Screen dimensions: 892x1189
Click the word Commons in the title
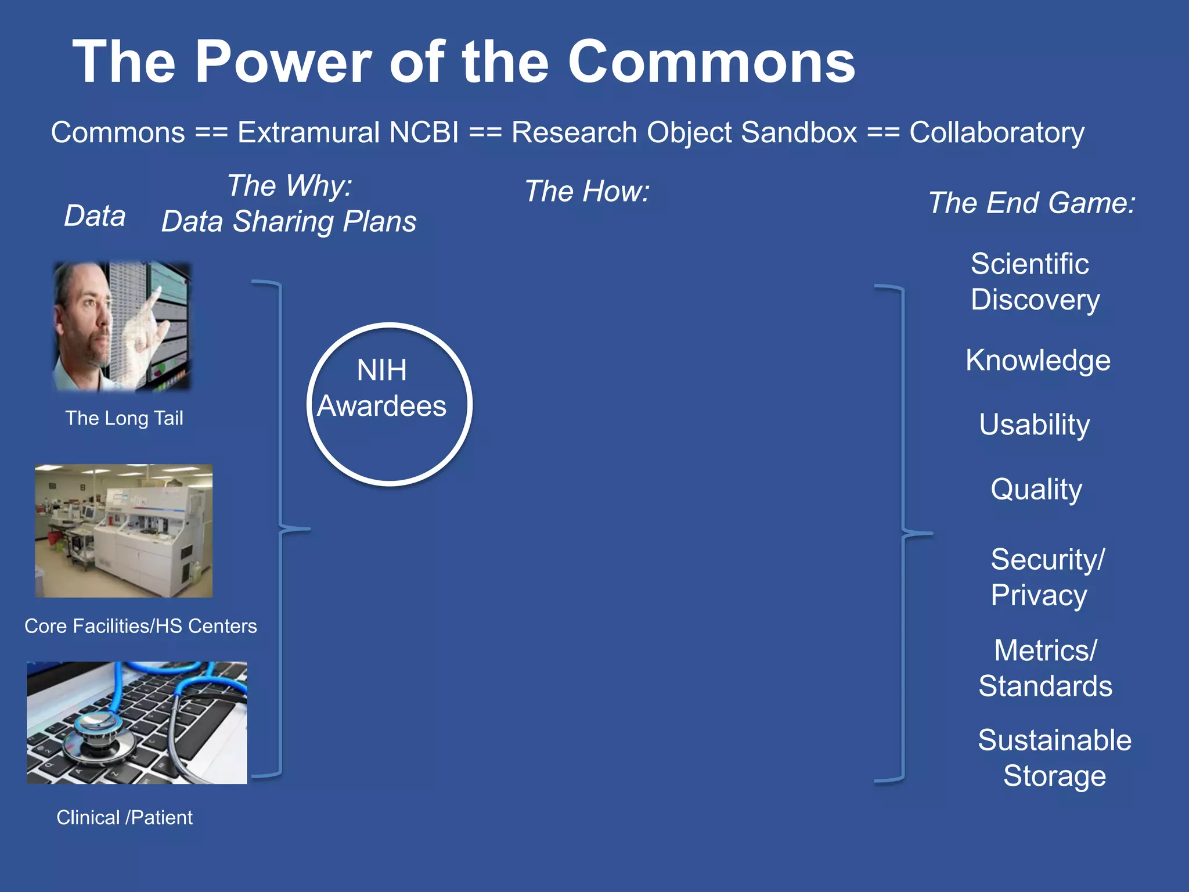[711, 63]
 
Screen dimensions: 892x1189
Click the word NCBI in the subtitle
[424, 132]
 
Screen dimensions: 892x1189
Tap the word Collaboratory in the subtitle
[996, 132]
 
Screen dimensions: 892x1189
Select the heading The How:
[586, 191]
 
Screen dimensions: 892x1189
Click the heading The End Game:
[1031, 203]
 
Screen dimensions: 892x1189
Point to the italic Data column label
[95, 216]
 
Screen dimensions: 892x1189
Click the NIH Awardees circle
[389, 404]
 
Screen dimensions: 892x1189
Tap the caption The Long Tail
[124, 418]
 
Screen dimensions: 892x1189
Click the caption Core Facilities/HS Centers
[140, 626]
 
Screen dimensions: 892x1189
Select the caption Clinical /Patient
[124, 818]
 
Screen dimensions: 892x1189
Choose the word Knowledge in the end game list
[1037, 361]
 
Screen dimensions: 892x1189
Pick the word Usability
[1034, 425]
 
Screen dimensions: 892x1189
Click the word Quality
[1036, 489]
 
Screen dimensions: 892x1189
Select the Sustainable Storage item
[1054, 758]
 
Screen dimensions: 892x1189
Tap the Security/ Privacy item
[1047, 577]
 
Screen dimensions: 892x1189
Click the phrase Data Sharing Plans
[289, 222]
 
